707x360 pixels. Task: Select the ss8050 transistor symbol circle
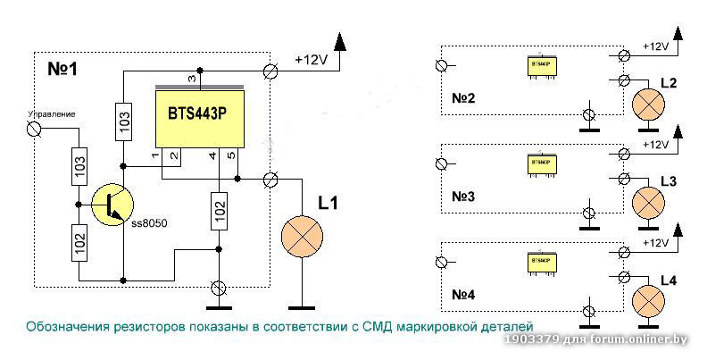click(109, 203)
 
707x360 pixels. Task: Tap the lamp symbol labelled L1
click(302, 235)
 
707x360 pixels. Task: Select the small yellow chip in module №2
click(540, 65)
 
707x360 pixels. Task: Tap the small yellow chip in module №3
click(540, 163)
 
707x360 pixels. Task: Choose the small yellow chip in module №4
click(540, 263)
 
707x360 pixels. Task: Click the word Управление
click(51, 114)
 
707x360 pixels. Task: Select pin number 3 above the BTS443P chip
click(190, 80)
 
